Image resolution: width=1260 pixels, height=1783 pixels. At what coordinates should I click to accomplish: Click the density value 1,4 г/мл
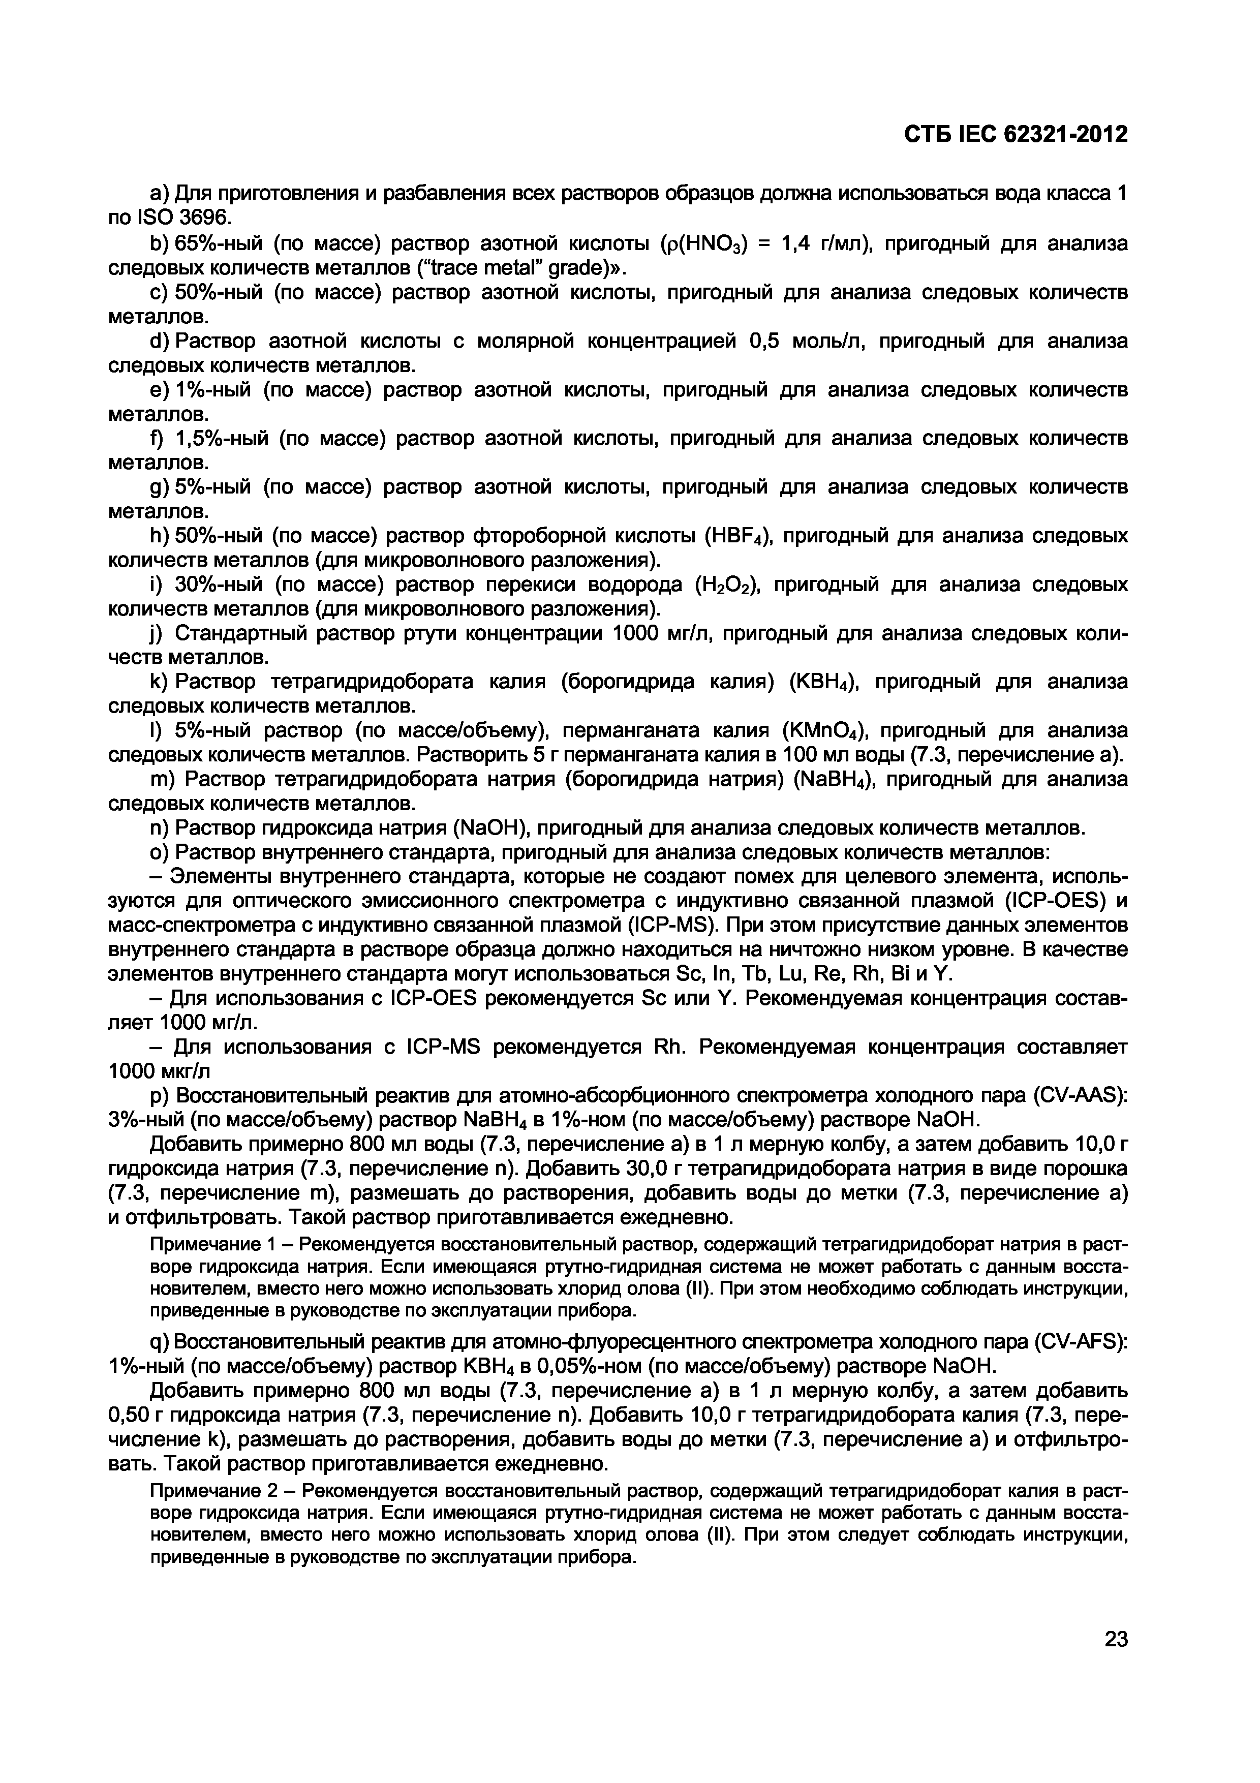pos(819,244)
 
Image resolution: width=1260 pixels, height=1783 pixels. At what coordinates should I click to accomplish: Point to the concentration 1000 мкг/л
pos(159,1071)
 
